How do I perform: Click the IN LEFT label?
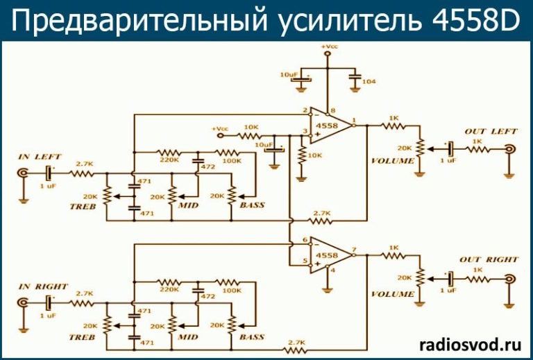point(40,157)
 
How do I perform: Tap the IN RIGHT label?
point(42,286)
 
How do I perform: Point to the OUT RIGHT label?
point(489,259)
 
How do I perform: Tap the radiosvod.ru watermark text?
point(470,343)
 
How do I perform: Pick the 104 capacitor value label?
point(369,82)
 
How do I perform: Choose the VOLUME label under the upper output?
point(392,161)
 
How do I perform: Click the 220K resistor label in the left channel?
point(169,160)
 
